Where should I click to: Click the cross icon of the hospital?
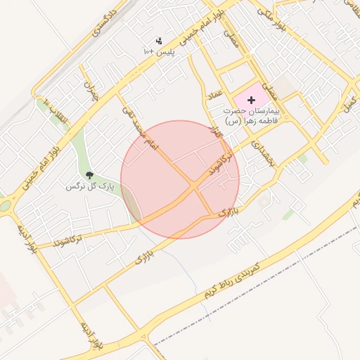252,101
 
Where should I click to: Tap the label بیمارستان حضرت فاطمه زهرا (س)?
251,116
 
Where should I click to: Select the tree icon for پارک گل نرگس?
89,175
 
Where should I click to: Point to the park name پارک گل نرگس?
89,186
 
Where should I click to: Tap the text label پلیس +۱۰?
159,53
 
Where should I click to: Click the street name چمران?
90,90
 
